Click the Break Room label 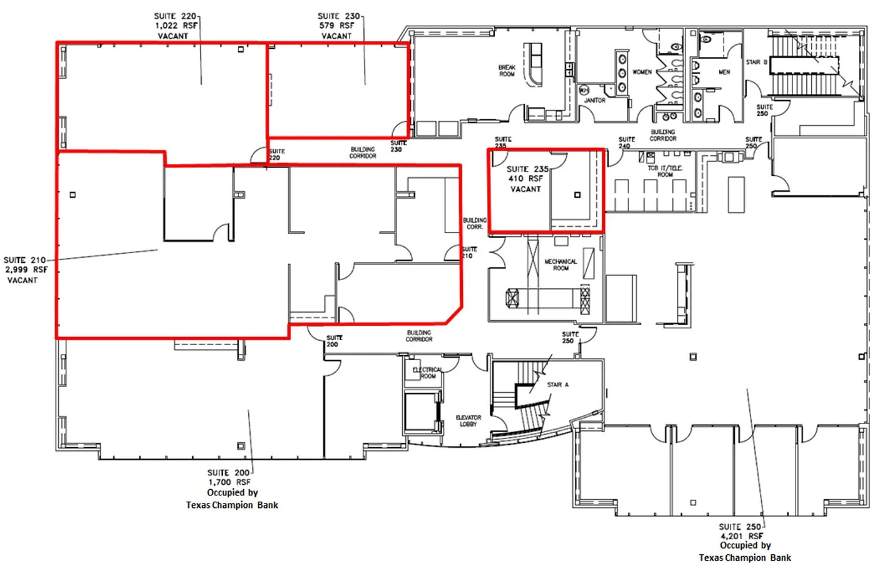tap(507, 71)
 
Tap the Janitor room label tap(594, 100)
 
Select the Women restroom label tap(641, 72)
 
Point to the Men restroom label tap(724, 72)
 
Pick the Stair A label tap(558, 385)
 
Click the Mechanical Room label tap(561, 265)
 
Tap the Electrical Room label tap(427, 373)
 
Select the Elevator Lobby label tap(468, 420)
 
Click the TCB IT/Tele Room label tap(665, 171)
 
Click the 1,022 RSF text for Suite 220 tap(176, 26)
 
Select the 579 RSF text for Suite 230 tap(336, 26)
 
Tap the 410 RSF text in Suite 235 tap(526, 179)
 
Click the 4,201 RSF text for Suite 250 tap(742, 536)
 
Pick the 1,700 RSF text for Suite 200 tap(229, 482)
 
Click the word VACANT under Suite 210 tap(23, 280)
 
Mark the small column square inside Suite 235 tap(577, 195)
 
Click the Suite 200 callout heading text tap(229, 472)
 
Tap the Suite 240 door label tap(626, 142)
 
